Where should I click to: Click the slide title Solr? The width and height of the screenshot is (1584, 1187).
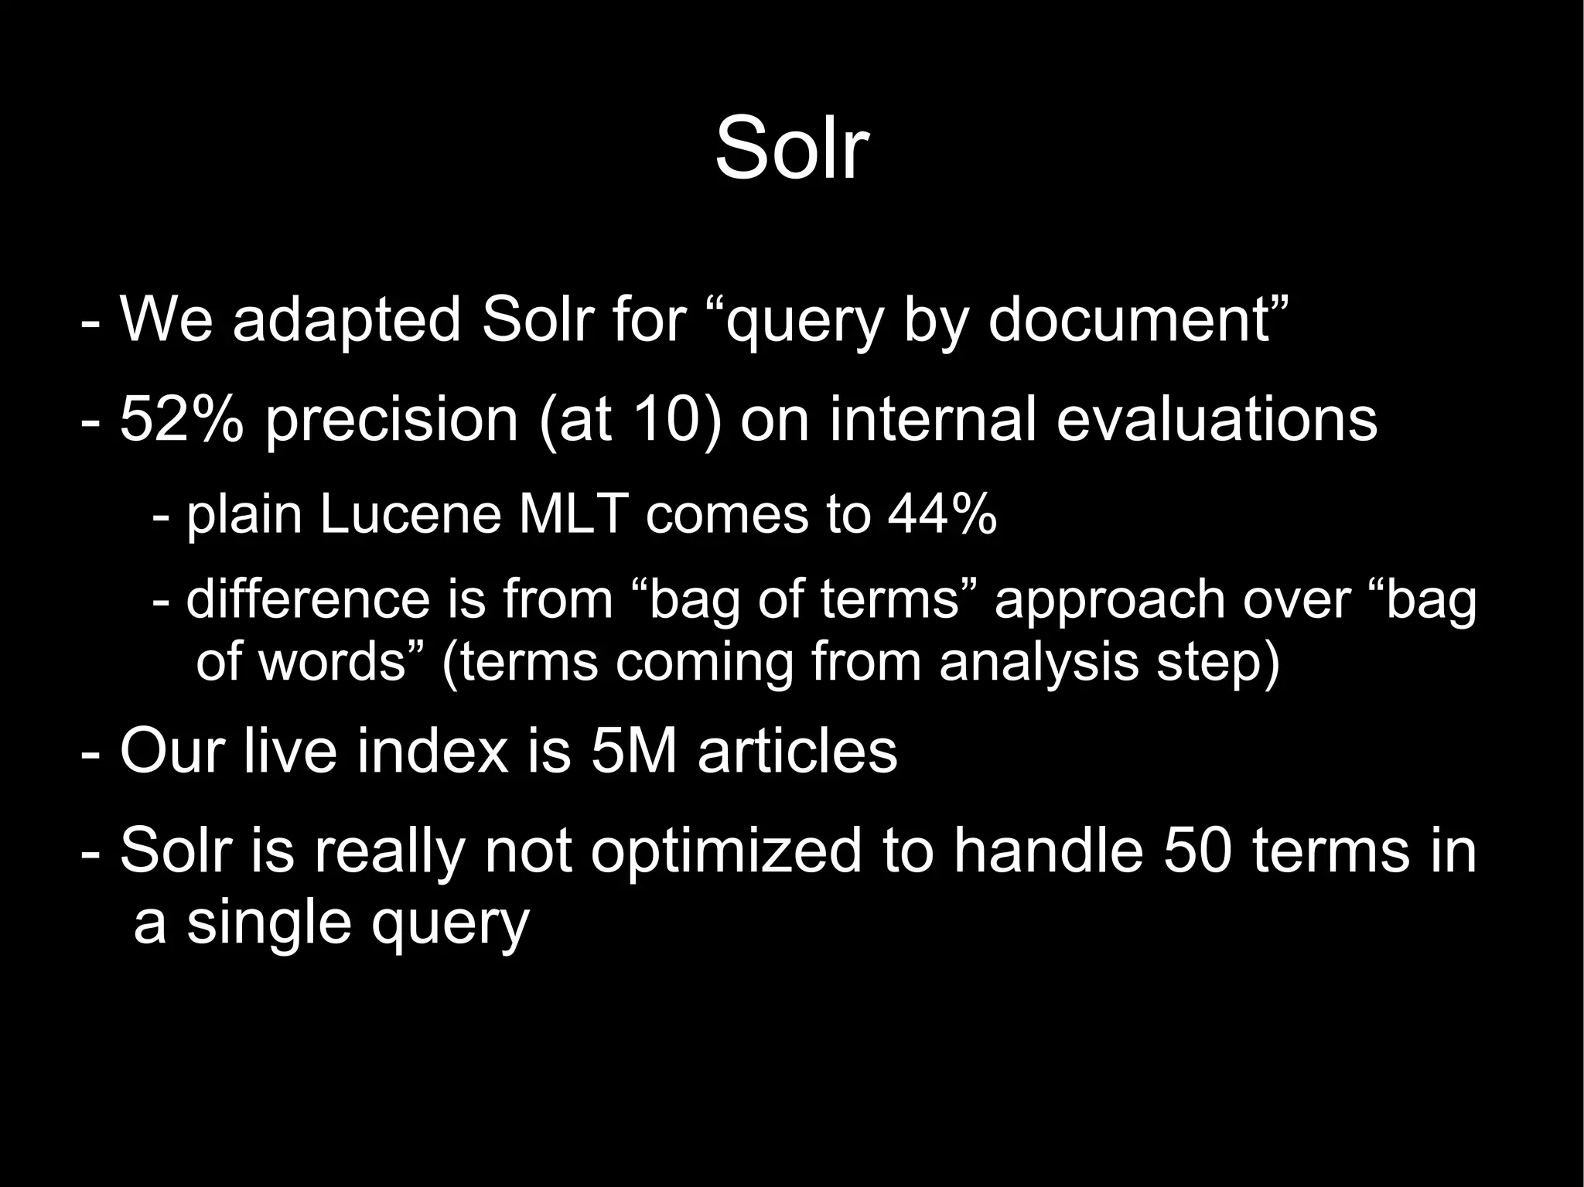pyautogui.click(x=792, y=147)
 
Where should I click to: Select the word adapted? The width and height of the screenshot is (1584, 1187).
pyautogui.click(x=346, y=319)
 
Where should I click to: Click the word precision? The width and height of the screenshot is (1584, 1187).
pyautogui.click(x=391, y=421)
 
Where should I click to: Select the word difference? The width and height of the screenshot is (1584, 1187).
pyautogui.click(x=307, y=599)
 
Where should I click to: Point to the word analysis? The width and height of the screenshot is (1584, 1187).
pyautogui.click(x=1039, y=663)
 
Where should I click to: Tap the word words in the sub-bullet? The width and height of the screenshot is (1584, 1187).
pyautogui.click(x=333, y=662)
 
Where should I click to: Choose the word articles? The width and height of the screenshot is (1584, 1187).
pyautogui.click(x=797, y=751)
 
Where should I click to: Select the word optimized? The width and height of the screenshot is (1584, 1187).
pyautogui.click(x=726, y=851)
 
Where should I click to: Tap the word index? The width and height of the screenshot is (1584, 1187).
pyautogui.click(x=433, y=751)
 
